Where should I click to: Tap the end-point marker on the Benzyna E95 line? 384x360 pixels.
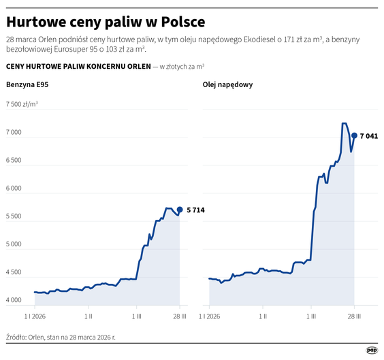pyautogui.click(x=180, y=210)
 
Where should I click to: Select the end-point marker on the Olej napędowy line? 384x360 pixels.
pyautogui.click(x=355, y=135)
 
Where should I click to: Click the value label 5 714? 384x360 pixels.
pyautogui.click(x=195, y=210)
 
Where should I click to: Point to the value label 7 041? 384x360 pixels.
pyautogui.click(x=369, y=136)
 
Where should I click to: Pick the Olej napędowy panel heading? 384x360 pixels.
pyautogui.click(x=228, y=84)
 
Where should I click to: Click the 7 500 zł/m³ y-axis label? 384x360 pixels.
pyautogui.click(x=22, y=105)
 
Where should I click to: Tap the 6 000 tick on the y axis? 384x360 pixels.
pyautogui.click(x=15, y=189)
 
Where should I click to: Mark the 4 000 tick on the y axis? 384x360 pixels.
pyautogui.click(x=15, y=300)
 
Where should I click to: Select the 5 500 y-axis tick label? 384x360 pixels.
pyautogui.click(x=15, y=216)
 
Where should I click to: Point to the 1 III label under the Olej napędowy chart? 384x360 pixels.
pyautogui.click(x=311, y=316)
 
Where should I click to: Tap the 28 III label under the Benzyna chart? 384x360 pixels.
pyautogui.click(x=180, y=316)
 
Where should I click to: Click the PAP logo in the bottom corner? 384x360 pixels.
pyautogui.click(x=372, y=350)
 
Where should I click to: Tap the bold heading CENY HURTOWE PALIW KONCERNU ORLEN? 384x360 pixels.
pyautogui.click(x=78, y=66)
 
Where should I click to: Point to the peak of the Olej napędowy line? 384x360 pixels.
pyautogui.click(x=344, y=124)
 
